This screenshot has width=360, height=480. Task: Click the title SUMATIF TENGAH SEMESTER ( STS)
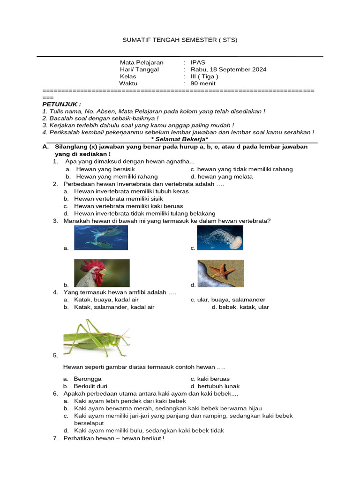180,40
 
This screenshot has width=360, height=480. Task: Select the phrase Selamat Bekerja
180,139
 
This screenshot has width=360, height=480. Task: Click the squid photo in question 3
101,238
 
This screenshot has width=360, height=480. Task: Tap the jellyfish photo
220,238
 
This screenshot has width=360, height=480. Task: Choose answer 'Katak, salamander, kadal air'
114,307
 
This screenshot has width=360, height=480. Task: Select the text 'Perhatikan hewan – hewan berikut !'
114,438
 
